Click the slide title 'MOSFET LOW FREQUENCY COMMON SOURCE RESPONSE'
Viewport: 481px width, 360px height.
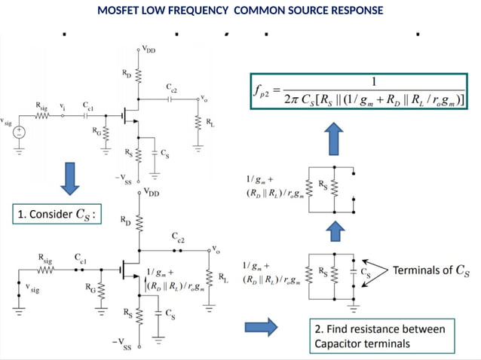240,11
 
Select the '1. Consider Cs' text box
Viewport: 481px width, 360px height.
57,216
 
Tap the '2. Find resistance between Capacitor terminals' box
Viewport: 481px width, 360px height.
384,336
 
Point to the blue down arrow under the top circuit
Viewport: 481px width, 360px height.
69,176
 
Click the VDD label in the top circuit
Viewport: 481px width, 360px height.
149,49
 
